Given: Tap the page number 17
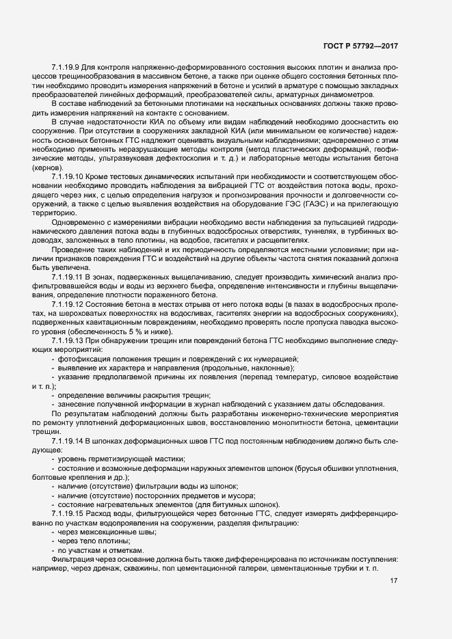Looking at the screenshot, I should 394,581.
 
